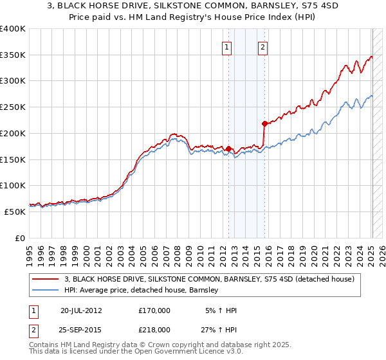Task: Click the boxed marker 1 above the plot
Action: (228, 46)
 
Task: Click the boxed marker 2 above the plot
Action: (264, 46)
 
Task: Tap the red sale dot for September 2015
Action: (264, 123)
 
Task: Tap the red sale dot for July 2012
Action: (228, 148)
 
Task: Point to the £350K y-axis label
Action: (13, 55)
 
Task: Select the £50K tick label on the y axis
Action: (15, 212)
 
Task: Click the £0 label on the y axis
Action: (21, 238)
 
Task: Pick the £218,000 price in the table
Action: (154, 329)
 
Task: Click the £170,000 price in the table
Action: (154, 310)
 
